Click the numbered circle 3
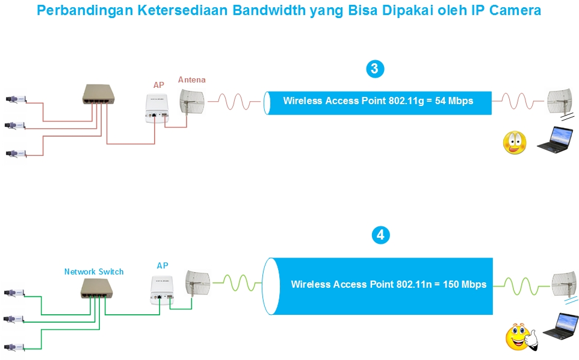click(374, 69)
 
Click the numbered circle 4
click(380, 235)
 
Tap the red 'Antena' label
click(191, 79)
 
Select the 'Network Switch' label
click(94, 272)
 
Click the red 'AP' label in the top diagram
click(158, 85)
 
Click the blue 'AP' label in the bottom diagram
click(163, 265)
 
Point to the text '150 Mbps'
click(465, 284)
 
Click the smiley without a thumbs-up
click(515, 143)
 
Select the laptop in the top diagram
click(554, 139)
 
